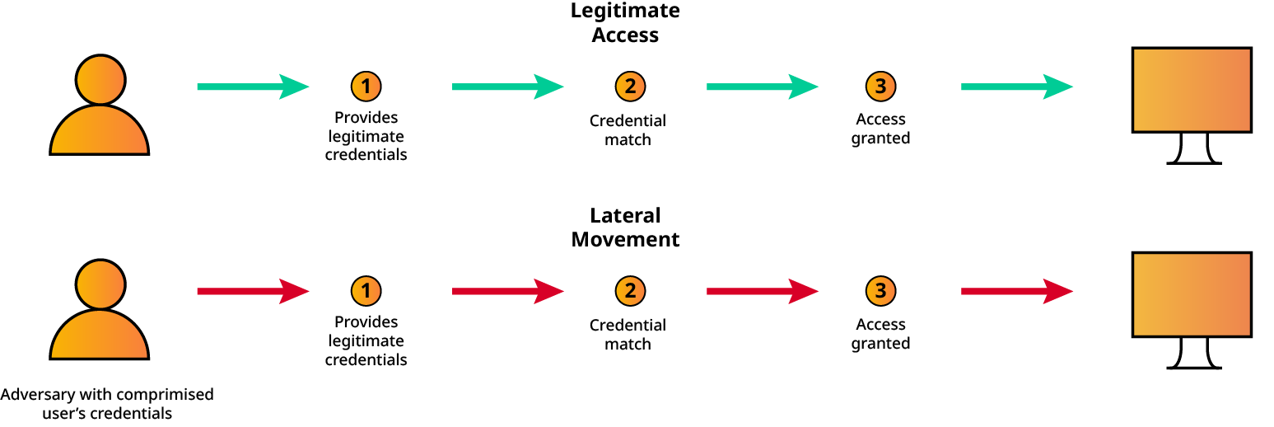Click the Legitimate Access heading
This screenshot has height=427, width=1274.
click(x=625, y=23)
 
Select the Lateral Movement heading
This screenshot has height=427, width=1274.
click(x=625, y=228)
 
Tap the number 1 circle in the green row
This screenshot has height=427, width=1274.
click(x=366, y=87)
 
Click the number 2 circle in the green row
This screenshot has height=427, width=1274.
click(x=630, y=87)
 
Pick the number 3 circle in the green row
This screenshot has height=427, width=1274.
click(x=880, y=87)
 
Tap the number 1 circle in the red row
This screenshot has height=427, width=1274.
click(x=366, y=291)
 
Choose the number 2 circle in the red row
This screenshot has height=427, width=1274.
click(x=630, y=291)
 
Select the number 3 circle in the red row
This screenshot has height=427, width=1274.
click(x=880, y=291)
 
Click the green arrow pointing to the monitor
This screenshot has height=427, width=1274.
click(x=1017, y=87)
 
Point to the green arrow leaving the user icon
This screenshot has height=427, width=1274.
click(x=253, y=87)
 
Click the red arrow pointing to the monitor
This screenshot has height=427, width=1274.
click(x=1017, y=291)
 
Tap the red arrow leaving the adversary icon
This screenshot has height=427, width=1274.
click(x=253, y=291)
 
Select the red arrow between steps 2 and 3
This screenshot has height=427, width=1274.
click(x=762, y=291)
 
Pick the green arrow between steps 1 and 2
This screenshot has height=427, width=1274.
click(x=508, y=87)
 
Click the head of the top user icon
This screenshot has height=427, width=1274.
click(x=100, y=80)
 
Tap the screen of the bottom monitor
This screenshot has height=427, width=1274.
click(x=1192, y=294)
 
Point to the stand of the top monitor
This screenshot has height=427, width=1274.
click(x=1194, y=149)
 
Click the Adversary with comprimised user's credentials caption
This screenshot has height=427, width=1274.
click(x=107, y=403)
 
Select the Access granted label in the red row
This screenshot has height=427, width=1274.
click(x=880, y=334)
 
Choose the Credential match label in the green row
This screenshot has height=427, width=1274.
click(x=628, y=129)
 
